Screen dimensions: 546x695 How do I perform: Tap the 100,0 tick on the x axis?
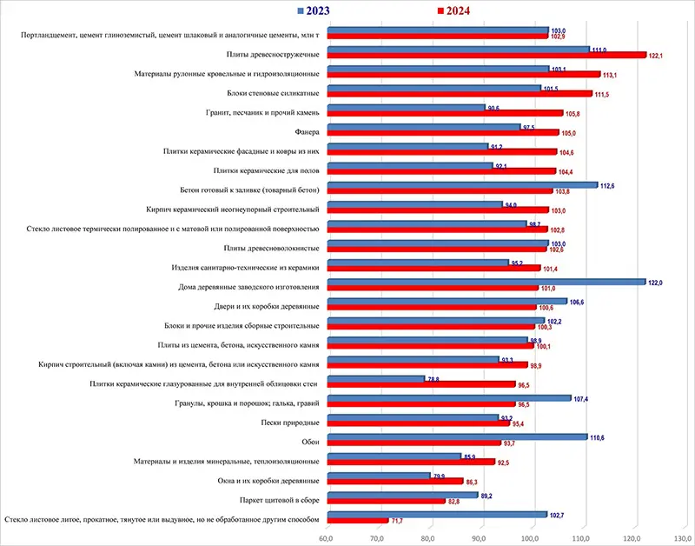pos(533,539)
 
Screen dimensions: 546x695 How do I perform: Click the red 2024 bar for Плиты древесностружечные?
pos(486,55)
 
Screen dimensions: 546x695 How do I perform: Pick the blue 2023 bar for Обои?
pos(457,437)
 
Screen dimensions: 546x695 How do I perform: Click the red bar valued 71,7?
pos(357,521)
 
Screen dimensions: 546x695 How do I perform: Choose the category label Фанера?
pos(310,131)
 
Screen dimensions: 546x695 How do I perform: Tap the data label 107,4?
pos(581,398)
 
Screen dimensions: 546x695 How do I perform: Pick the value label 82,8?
pos(456,502)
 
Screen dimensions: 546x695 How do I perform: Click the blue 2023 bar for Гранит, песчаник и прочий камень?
pos(406,108)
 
